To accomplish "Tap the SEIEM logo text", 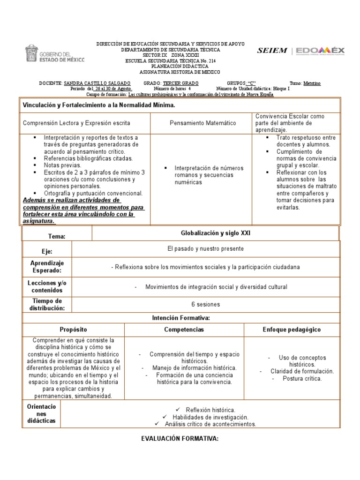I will [272, 51].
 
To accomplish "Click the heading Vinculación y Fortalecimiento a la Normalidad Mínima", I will [99, 105].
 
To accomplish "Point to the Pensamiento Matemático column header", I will [203, 123].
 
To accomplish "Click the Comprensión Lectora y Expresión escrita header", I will [77, 123].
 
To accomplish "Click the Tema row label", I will [57, 237].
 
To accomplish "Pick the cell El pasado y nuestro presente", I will [206, 248].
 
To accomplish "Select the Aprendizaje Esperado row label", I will [47, 267].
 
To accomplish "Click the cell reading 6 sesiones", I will [205, 304].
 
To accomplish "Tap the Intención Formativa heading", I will [180, 318].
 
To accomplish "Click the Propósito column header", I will [73, 330].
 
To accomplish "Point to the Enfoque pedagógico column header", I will [292, 330].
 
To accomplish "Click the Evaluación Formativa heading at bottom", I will [180, 439].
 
